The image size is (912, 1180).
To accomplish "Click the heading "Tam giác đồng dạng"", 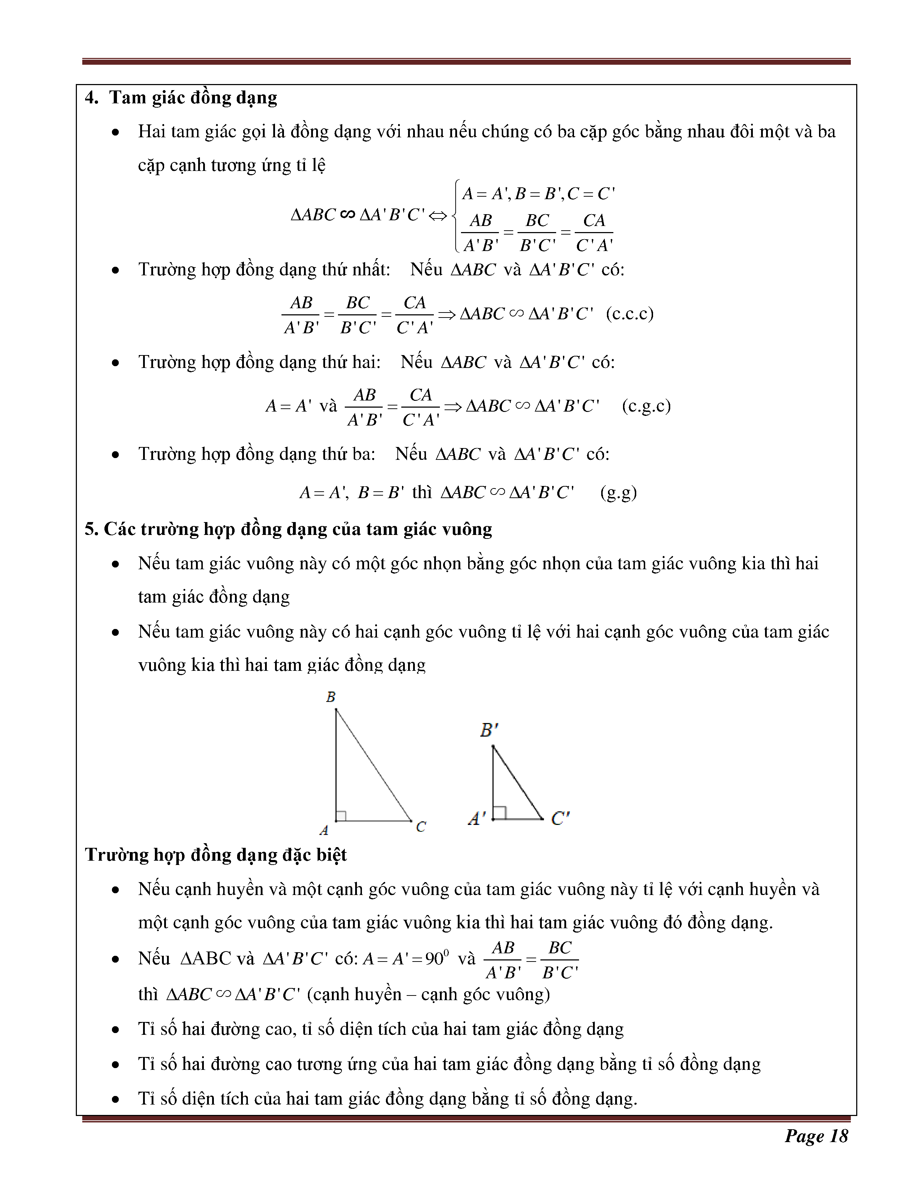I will click(193, 98).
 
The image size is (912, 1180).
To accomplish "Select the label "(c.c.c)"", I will click(629, 313).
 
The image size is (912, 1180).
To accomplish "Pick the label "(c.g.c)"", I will click(646, 406).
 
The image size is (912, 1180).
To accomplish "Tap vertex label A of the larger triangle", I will click(324, 830).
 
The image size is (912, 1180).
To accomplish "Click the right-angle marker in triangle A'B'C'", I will click(499, 813).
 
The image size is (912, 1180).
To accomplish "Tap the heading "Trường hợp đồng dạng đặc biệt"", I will click(216, 855).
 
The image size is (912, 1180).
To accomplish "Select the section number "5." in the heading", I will click(91, 529).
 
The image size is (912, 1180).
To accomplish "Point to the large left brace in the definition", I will click(457, 216).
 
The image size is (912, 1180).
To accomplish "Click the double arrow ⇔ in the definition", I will click(438, 216).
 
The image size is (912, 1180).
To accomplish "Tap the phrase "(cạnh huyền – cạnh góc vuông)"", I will click(428, 994).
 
